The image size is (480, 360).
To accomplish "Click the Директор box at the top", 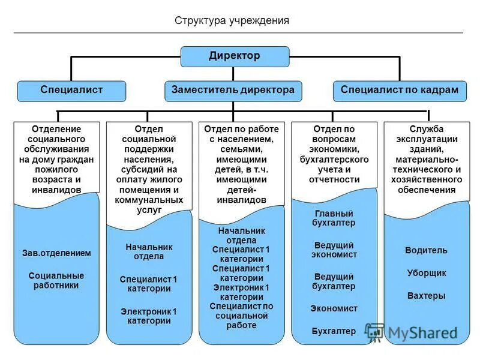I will pos(235,56).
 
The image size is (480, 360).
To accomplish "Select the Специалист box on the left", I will pos(71,90).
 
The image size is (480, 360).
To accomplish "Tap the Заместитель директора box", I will pos(233,90).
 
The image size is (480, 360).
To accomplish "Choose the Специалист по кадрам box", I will pos(399,90).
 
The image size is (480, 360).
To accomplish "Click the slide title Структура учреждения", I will pos(232,20).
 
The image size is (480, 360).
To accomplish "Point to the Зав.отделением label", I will pos(56,253).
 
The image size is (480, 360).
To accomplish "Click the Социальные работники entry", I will pos(56,280).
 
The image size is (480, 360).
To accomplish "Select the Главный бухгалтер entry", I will pos(334,218).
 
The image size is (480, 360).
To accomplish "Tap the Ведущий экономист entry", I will pos(334,250).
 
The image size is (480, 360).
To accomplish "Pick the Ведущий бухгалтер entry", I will pos(334,281).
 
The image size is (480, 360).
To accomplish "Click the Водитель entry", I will pos(426,250).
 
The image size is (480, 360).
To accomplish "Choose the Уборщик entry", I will pos(426,273).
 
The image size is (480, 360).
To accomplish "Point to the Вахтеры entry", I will pos(426,296).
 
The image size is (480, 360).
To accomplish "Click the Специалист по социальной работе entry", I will pos(241,316).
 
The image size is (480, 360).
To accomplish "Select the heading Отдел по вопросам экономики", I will pos(334,139).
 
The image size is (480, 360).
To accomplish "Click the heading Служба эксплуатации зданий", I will pos(426,139).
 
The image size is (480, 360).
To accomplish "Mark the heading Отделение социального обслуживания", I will pos(56,139).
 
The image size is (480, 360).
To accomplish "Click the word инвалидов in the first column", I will pos(56,190).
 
